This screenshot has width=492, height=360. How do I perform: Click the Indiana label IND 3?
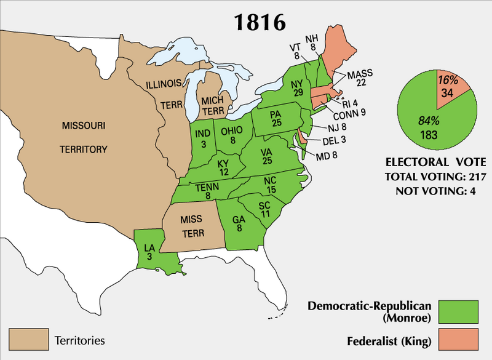(x=204, y=138)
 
